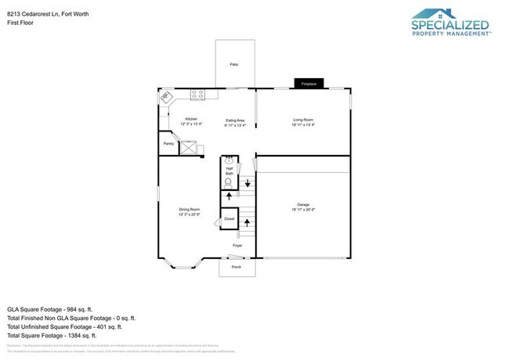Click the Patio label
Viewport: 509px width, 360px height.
coord(233,64)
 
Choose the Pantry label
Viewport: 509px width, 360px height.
coord(168,144)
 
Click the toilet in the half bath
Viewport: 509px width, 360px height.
coord(229,183)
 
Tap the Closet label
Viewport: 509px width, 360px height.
coord(229,219)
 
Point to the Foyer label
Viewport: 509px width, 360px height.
coord(236,246)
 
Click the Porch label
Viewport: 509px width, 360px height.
coord(236,267)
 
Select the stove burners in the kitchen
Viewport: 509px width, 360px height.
coord(197,95)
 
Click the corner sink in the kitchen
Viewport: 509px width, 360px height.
coord(165,98)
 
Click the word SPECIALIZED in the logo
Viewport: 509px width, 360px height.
coord(449,25)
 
